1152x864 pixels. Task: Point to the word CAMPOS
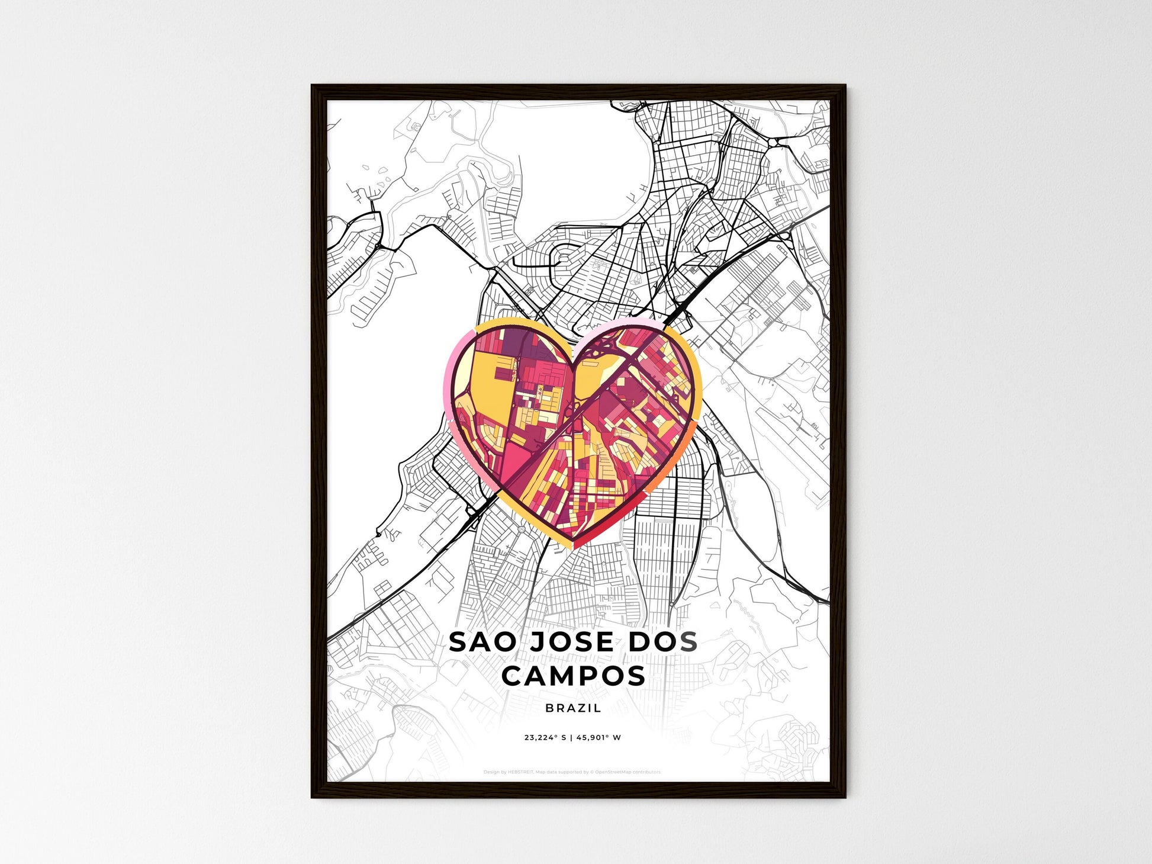pyautogui.click(x=573, y=676)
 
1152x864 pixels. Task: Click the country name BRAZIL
pyautogui.click(x=573, y=708)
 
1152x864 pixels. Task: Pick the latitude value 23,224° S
pyautogui.click(x=545, y=738)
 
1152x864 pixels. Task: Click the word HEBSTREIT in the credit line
pyautogui.click(x=521, y=772)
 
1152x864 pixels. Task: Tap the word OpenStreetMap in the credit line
pyautogui.click(x=612, y=772)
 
